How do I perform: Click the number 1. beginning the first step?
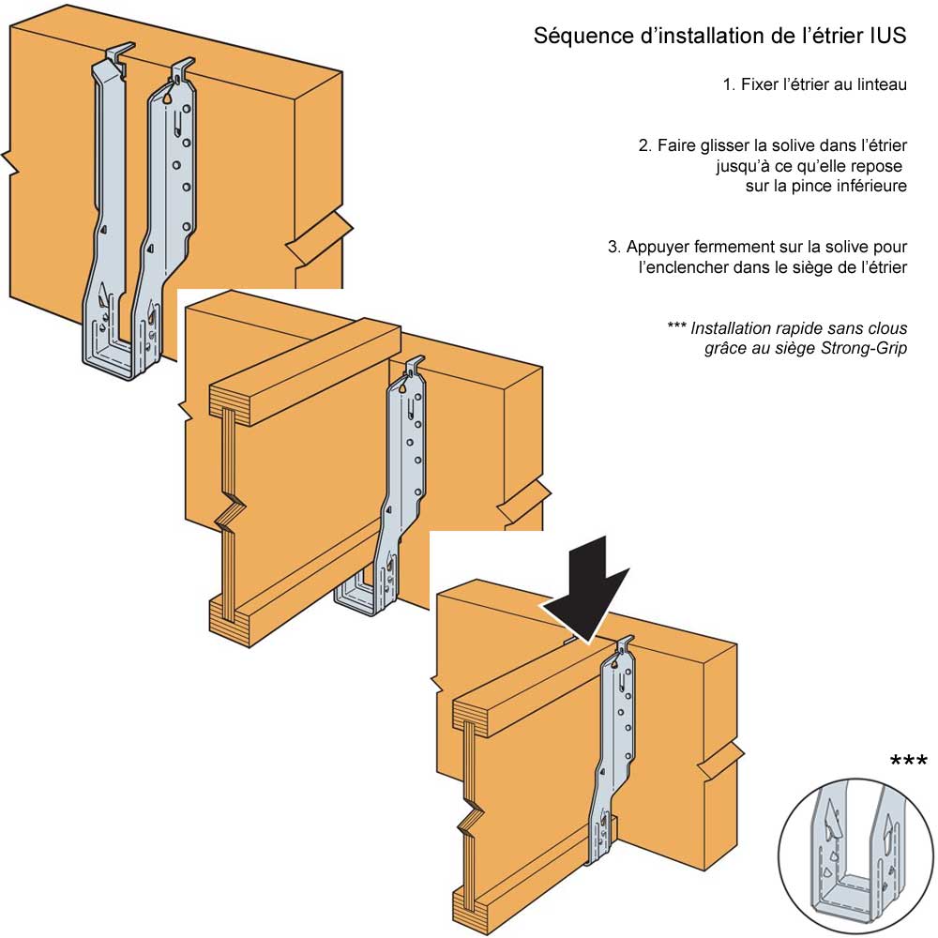tap(729, 84)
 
